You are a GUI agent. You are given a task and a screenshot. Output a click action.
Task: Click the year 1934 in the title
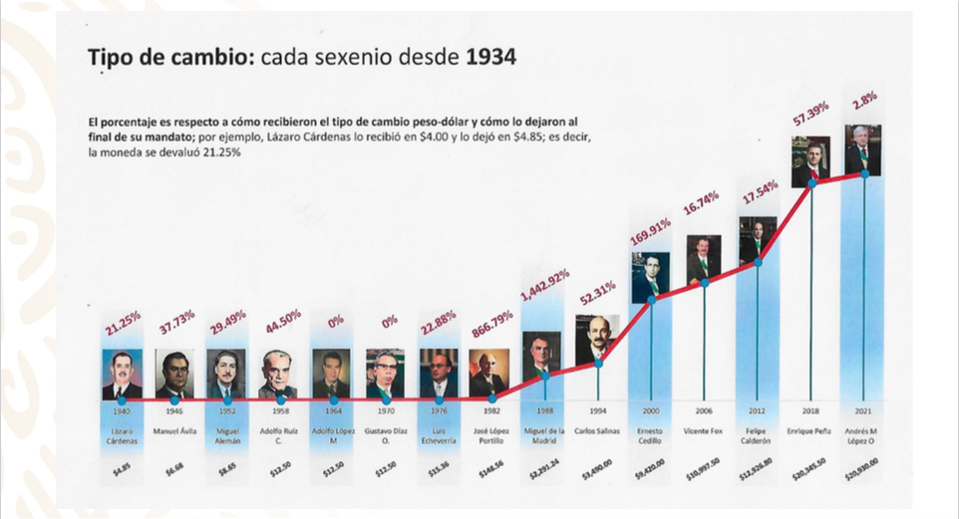pos(489,58)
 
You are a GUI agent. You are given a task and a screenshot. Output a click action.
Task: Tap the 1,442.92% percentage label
pos(544,290)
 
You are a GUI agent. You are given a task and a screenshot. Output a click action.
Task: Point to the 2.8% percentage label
pos(864,101)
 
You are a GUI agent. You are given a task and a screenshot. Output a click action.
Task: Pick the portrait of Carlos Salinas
pos(598,339)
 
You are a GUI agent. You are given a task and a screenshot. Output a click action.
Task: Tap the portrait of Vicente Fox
pos(704,259)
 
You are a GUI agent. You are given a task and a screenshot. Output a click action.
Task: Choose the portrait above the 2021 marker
pos(864,149)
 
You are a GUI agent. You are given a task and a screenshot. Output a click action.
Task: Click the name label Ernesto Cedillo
pos(652,435)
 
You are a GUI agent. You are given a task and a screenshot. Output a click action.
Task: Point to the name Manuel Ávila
pos(174,430)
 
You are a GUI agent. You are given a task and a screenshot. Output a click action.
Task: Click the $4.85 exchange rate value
pos(123,467)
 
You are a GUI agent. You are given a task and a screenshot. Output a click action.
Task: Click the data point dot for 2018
pos(811,182)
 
